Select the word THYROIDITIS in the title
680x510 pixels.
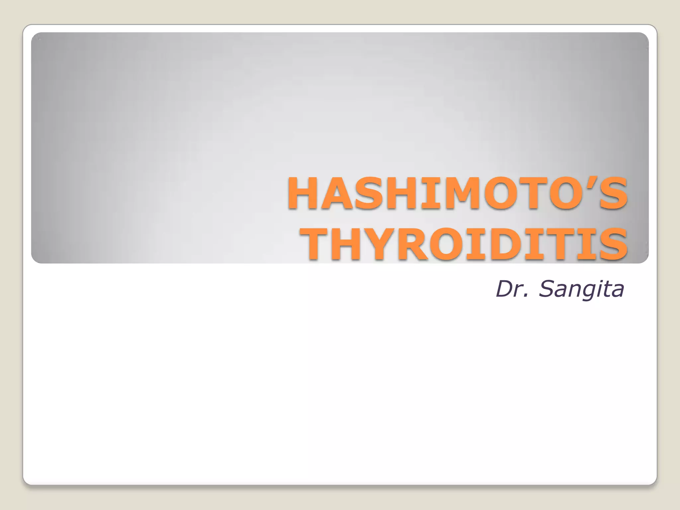[464, 244]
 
